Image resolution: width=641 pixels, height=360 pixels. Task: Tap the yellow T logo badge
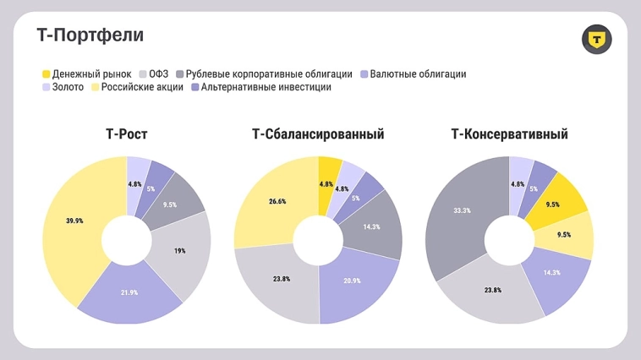[596, 39]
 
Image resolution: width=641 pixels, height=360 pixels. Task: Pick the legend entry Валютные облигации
[413, 74]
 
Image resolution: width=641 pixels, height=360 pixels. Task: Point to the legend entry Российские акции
[136, 87]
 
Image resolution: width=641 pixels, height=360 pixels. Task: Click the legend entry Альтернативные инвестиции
[260, 87]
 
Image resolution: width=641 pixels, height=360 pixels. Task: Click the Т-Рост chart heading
[127, 134]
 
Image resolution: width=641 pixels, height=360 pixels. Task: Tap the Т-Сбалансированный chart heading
[318, 134]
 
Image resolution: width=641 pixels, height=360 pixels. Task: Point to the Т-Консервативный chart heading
[510, 134]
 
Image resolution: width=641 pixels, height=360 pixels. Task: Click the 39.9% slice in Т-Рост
[74, 221]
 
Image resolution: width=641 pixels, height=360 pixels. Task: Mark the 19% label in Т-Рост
[180, 251]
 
